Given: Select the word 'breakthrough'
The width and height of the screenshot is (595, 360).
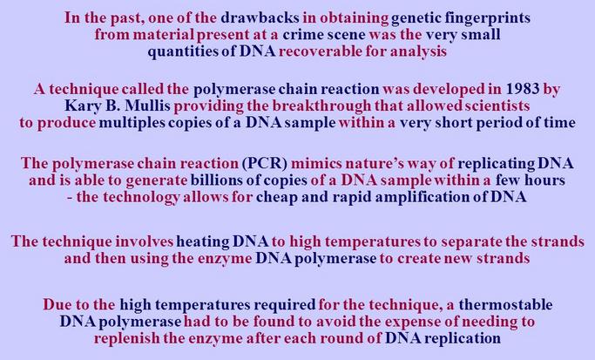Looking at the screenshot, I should point(337,105).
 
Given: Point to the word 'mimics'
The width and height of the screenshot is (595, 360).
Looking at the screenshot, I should point(316,163).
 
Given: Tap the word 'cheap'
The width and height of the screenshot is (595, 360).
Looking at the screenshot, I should point(287,196).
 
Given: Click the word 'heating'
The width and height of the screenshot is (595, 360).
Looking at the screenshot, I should point(203,241).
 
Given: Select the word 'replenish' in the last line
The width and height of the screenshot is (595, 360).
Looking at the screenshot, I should point(138,337).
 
